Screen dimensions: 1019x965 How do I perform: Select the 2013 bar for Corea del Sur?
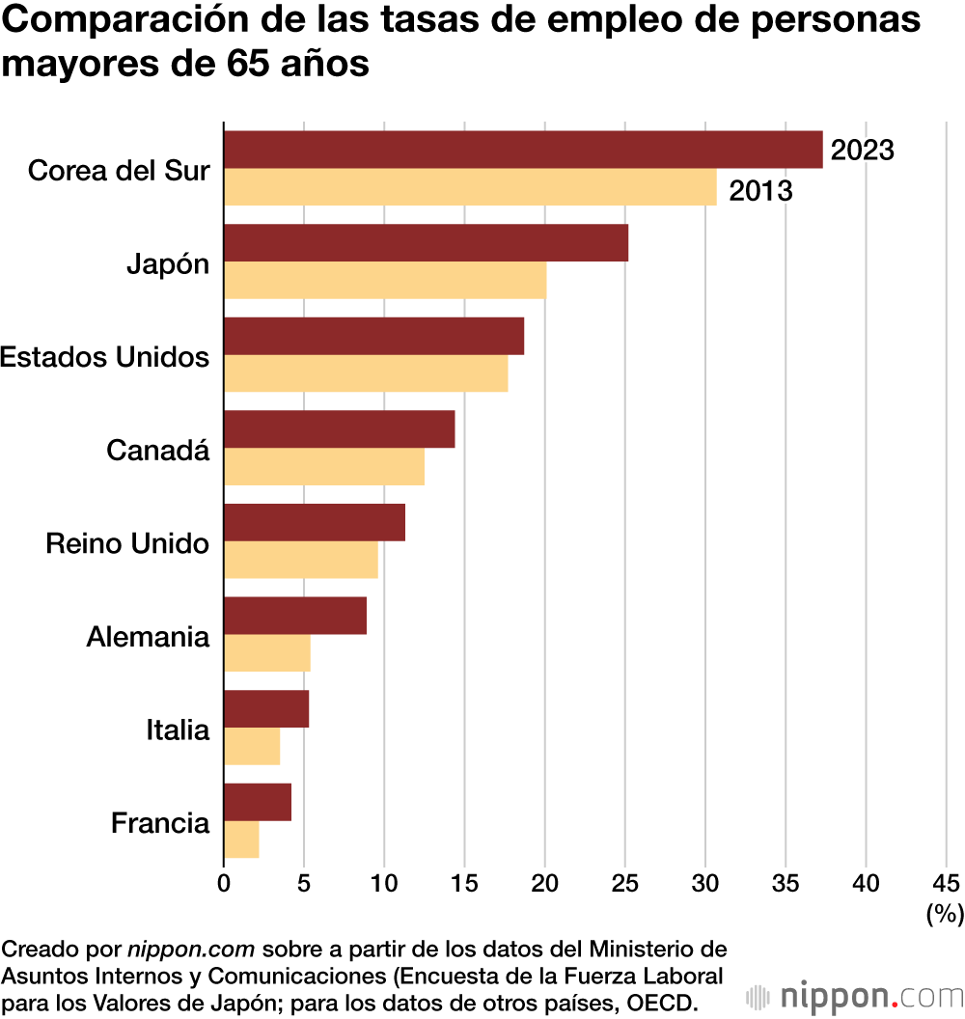[x=470, y=187]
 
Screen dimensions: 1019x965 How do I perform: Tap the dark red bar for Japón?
[x=426, y=243]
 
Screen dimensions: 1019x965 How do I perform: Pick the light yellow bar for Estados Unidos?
[x=366, y=373]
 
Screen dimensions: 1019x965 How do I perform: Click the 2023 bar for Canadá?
[x=339, y=429]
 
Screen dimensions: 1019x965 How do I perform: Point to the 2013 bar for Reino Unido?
[x=300, y=560]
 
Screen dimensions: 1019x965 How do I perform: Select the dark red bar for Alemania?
[x=295, y=616]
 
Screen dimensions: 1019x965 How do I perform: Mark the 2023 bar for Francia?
[x=258, y=802]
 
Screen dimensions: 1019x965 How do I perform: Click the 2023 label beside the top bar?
[x=863, y=151]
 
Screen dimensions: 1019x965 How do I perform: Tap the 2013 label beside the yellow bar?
[x=760, y=191]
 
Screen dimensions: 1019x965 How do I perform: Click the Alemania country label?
[x=148, y=637]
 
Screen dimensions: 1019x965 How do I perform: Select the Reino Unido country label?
[x=127, y=543]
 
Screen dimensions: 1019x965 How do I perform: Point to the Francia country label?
[x=160, y=823]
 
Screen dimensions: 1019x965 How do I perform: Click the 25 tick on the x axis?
[x=625, y=882]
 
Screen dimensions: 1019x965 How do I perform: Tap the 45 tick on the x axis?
[x=947, y=882]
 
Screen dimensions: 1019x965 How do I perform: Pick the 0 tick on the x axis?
[x=224, y=882]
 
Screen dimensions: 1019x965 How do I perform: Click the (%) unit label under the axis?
[x=945, y=913]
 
